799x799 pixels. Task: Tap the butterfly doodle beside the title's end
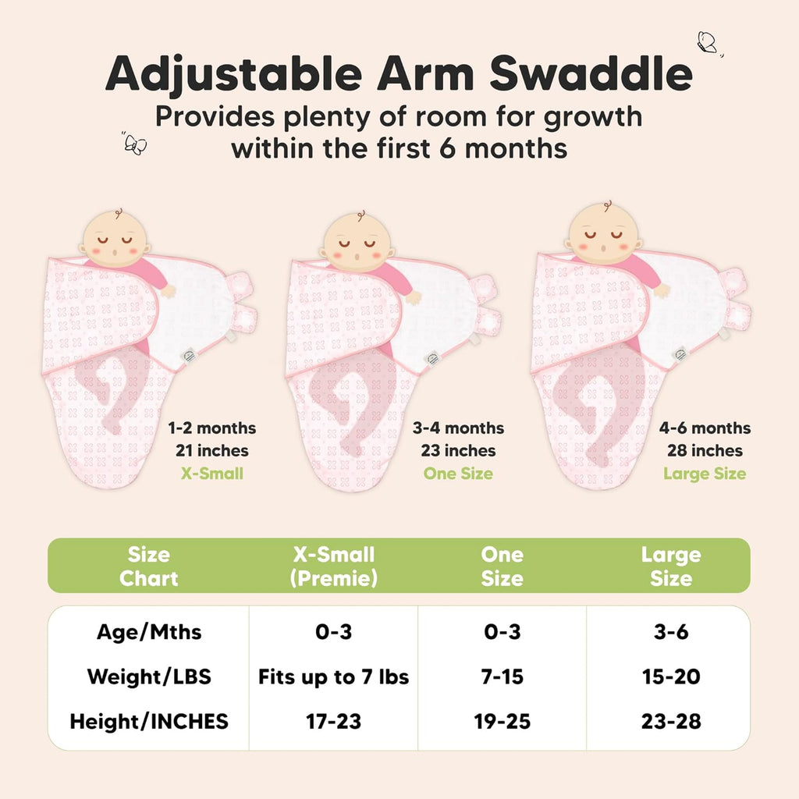point(707,42)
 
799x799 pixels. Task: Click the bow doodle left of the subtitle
point(135,144)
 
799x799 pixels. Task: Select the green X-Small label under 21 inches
point(211,474)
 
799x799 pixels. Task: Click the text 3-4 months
point(458,428)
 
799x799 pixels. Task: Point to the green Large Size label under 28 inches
point(705,474)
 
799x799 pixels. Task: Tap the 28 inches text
point(705,451)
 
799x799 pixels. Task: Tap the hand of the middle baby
point(414,297)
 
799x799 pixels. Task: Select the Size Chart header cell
point(148,566)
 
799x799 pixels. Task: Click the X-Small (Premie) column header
point(334,566)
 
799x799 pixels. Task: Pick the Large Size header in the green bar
point(670,566)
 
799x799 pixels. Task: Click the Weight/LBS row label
point(149,676)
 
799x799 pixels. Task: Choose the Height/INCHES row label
point(149,722)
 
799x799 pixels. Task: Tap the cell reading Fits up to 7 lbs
point(334,676)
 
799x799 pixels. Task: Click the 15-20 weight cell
point(670,676)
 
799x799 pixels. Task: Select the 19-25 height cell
point(502,722)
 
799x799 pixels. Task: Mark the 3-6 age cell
point(670,631)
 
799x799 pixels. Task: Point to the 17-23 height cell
point(334,722)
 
